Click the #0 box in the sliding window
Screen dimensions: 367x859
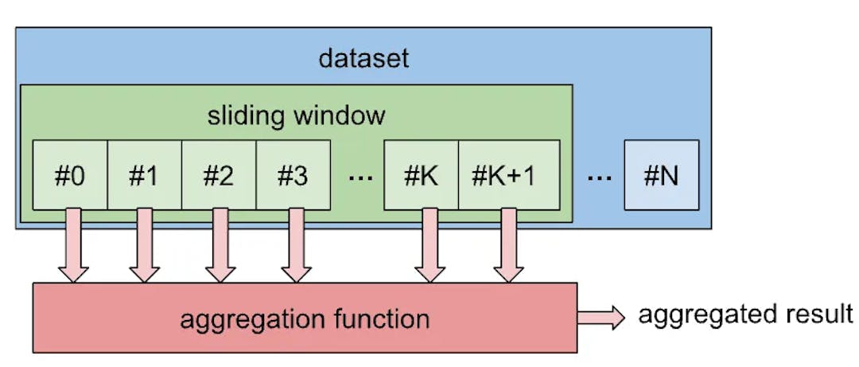(70, 175)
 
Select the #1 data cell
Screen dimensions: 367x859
(144, 175)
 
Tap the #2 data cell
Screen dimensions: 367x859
(219, 175)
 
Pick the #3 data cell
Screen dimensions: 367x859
(293, 175)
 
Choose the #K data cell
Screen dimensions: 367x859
(421, 175)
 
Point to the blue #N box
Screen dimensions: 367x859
(662, 175)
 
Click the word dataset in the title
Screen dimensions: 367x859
(363, 58)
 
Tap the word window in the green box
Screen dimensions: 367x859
(339, 115)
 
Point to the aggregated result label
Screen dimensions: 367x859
(745, 314)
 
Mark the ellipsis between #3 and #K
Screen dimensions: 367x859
(360, 178)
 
